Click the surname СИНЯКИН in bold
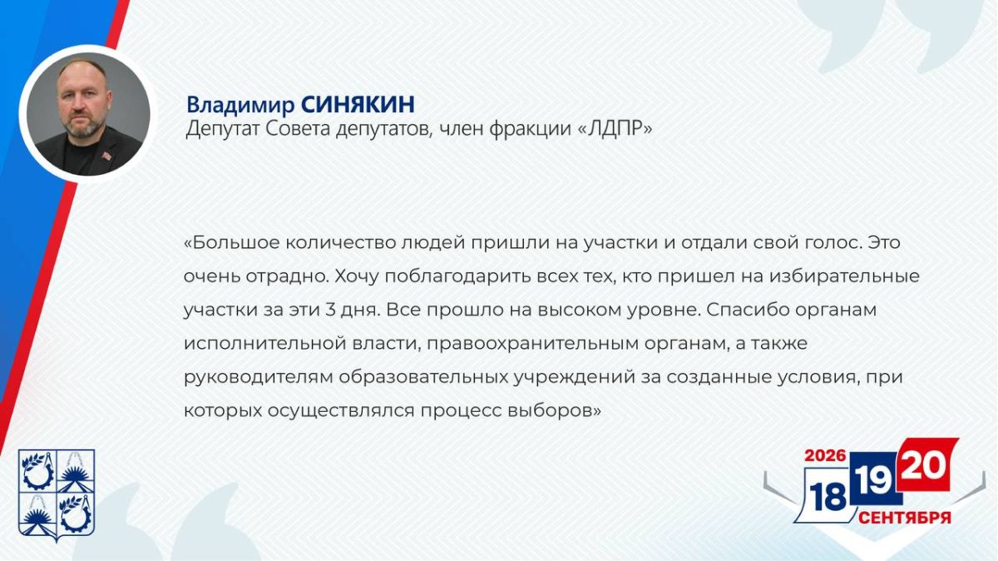[x=358, y=104]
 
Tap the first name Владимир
[x=240, y=105]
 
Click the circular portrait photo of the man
[x=88, y=114]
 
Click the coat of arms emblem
[x=57, y=494]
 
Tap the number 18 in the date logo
[x=828, y=497]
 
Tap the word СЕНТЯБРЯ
[x=905, y=518]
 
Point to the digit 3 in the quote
[x=330, y=310]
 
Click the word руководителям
[x=259, y=378]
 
